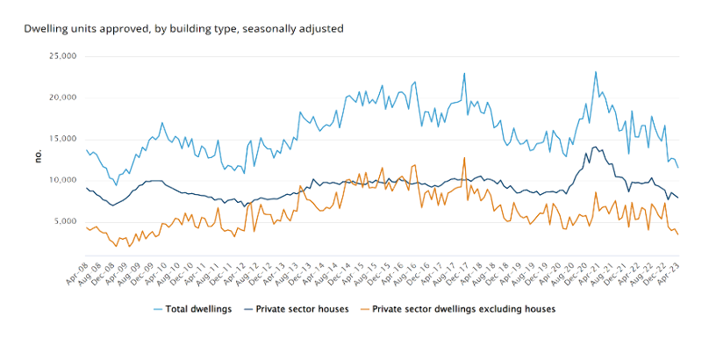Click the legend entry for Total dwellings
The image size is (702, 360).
coord(189,309)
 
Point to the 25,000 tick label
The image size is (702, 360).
coord(64,56)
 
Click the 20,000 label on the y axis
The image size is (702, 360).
coord(64,97)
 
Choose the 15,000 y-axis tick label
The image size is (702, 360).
coord(64,139)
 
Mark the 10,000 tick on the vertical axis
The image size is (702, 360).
coord(64,180)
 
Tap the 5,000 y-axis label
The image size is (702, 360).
coord(67,221)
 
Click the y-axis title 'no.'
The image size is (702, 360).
coord(38,155)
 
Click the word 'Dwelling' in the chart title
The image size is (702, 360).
coord(44,28)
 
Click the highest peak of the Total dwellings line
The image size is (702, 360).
coord(596,72)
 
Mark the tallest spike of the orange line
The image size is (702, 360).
coord(464,158)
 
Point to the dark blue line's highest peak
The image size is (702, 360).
coord(597,147)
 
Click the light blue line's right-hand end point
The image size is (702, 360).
coord(677,167)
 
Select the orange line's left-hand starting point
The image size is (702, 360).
coord(86,227)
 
